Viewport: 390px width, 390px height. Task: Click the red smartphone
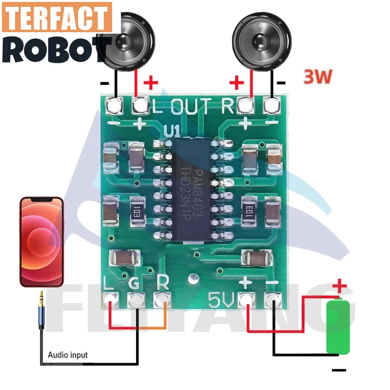pos(41,241)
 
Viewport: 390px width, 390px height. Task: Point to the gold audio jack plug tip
pos(42,296)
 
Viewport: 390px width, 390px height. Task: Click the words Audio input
pos(68,355)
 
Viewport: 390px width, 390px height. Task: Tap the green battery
pos(338,327)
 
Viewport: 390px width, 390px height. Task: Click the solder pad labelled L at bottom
pos(111,298)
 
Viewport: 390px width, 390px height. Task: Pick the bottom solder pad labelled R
pos(163,298)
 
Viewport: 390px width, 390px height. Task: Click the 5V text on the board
pos(220,298)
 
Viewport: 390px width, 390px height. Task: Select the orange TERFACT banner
pos(57,19)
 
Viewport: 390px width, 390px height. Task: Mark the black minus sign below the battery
pos(339,370)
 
